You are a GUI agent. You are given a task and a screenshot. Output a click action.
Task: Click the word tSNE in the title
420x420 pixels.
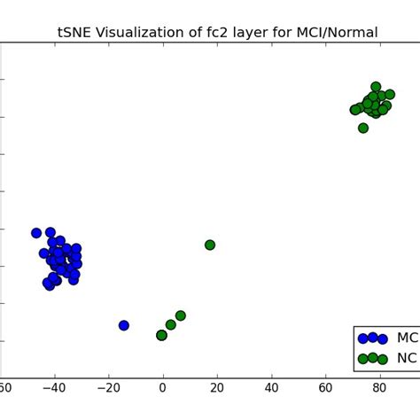tap(77, 33)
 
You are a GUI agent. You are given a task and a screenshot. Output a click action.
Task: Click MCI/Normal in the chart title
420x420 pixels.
tap(341, 33)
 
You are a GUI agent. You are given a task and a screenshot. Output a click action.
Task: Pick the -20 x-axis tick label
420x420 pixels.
tap(107, 387)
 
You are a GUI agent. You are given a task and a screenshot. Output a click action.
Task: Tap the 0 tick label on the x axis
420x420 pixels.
tap(162, 387)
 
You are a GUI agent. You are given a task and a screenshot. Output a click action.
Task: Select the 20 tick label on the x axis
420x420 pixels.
tap(216, 387)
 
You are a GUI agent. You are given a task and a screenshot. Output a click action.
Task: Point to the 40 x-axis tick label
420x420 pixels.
tap(271, 387)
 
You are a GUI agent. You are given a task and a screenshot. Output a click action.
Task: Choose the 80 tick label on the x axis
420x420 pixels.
tap(380, 387)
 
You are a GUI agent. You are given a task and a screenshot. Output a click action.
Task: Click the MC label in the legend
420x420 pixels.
tap(407, 338)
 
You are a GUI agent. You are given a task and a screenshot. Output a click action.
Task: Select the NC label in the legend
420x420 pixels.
tap(407, 359)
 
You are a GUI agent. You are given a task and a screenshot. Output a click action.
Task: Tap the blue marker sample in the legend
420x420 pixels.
tap(372, 338)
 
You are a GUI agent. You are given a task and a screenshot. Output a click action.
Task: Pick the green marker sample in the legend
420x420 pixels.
tap(372, 359)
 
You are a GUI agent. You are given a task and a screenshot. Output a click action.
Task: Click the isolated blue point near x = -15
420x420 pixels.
tap(124, 325)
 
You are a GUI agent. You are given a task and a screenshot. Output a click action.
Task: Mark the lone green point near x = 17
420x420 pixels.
tap(210, 245)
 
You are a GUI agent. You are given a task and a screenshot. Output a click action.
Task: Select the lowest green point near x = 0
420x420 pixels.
tap(161, 335)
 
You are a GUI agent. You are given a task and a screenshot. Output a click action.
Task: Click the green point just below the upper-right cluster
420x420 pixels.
tap(363, 128)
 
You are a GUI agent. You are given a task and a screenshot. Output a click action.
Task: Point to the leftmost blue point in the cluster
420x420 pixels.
tap(36, 233)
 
